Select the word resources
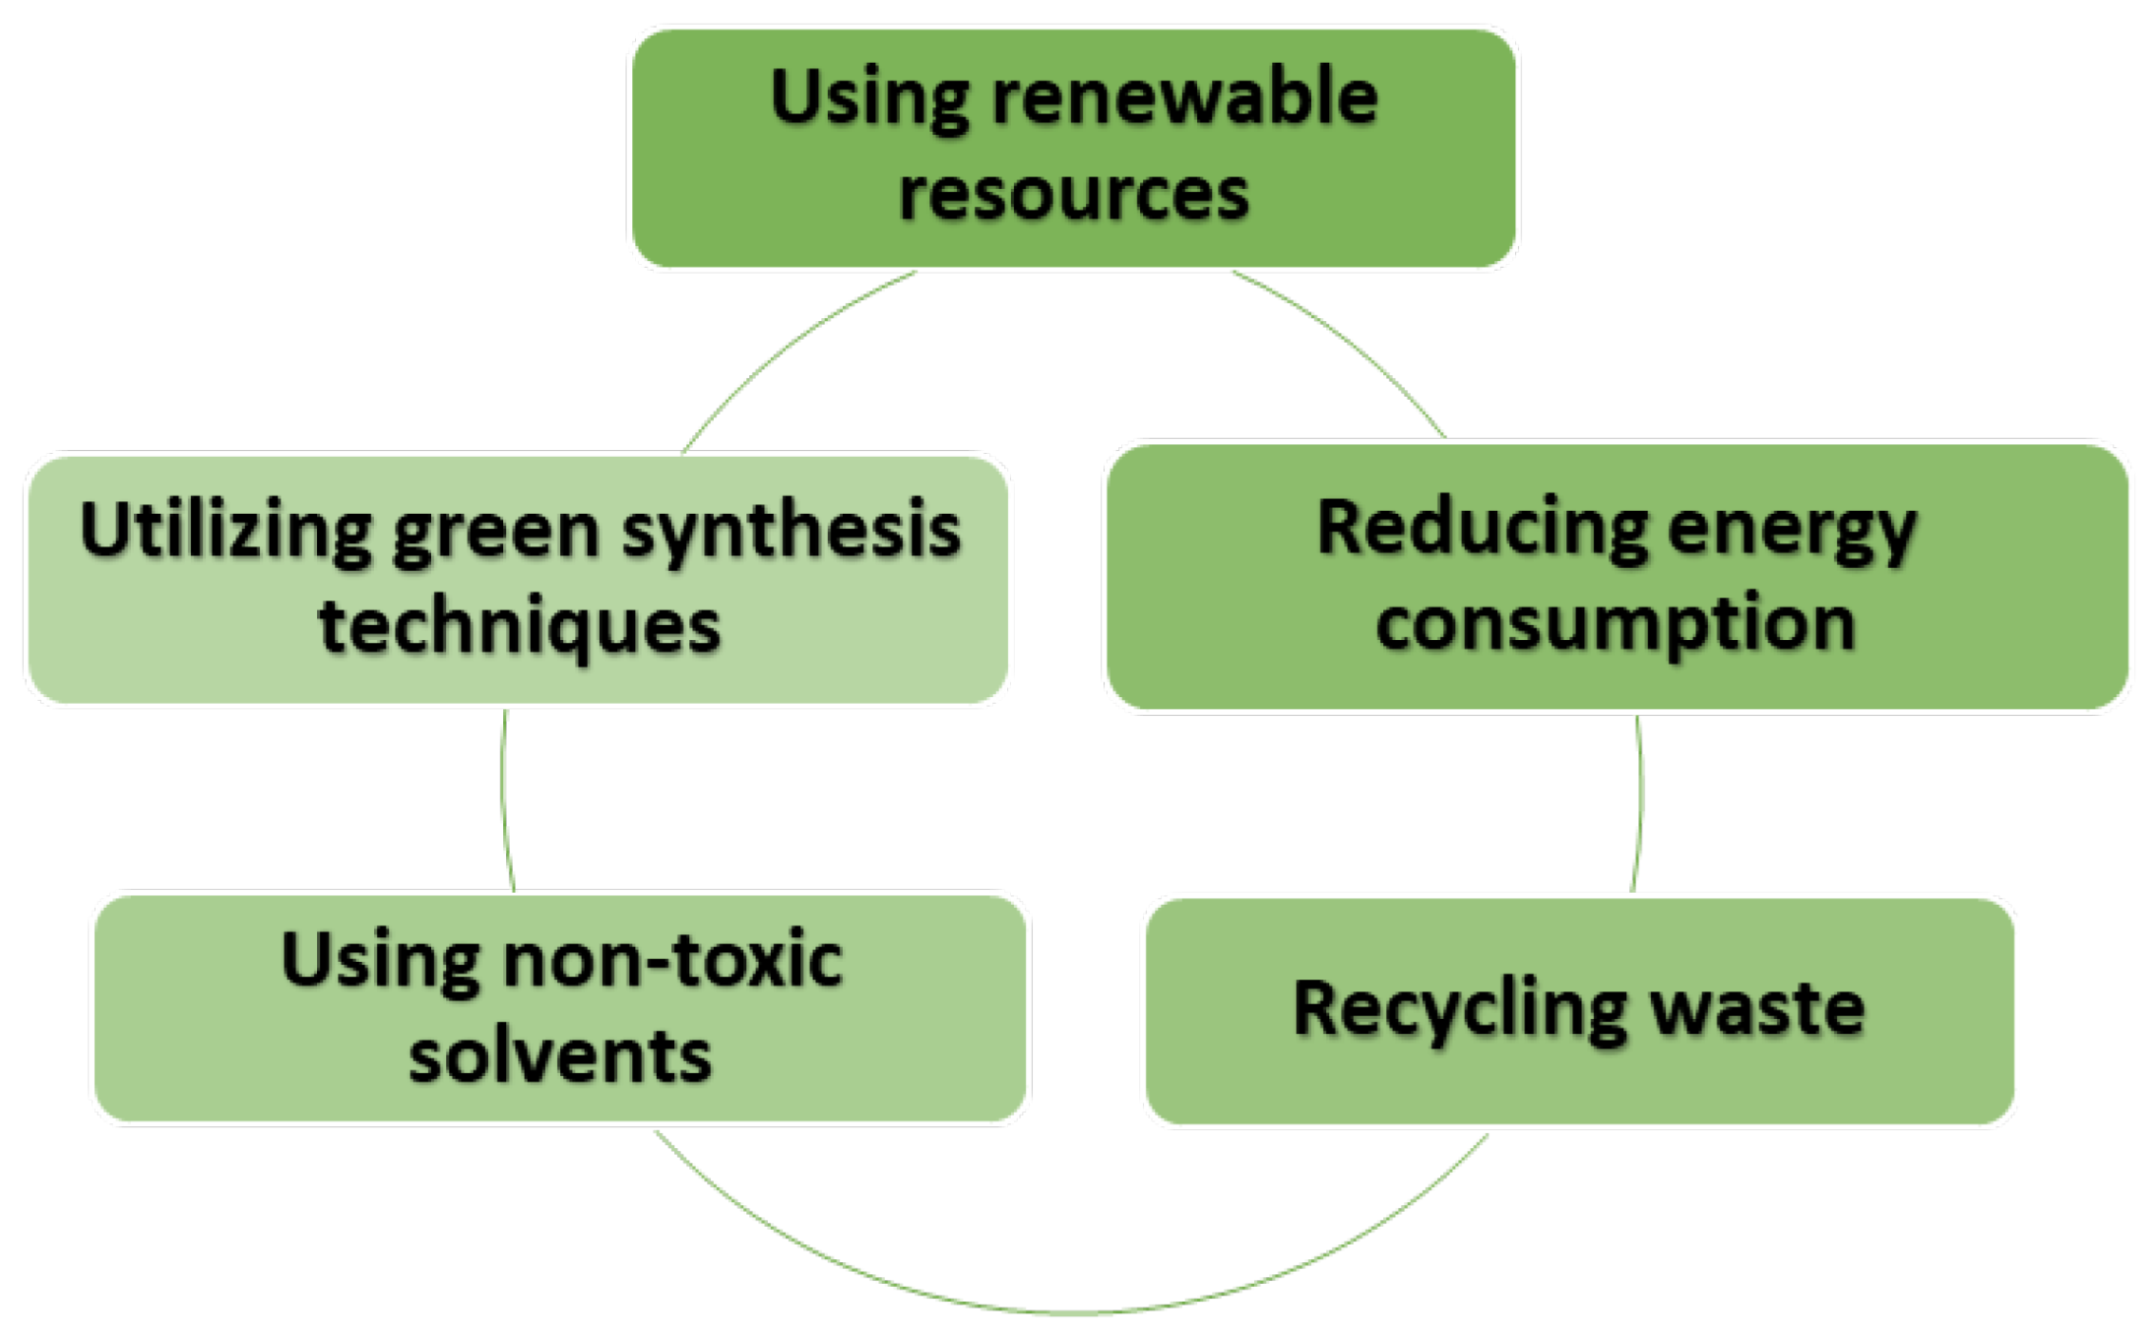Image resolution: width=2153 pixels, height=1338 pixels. tap(1073, 194)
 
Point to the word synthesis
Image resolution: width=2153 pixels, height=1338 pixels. tap(791, 532)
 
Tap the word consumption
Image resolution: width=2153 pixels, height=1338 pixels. tap(1615, 623)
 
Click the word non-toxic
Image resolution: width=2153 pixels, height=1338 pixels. tap(672, 959)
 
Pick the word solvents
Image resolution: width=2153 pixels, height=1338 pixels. tap(559, 1055)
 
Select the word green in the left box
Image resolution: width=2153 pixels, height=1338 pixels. tap(496, 533)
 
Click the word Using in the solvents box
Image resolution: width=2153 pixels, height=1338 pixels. tap(380, 959)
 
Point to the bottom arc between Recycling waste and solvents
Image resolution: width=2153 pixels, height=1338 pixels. tap(1073, 1312)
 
